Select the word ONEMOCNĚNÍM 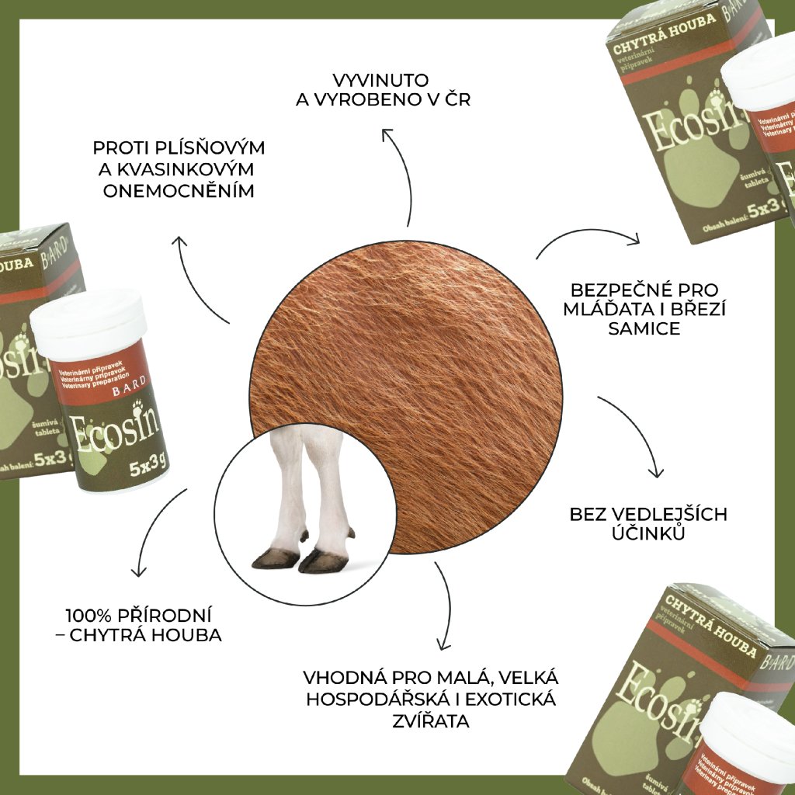point(179,190)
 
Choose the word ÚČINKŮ point(648,533)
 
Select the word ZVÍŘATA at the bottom point(432,721)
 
